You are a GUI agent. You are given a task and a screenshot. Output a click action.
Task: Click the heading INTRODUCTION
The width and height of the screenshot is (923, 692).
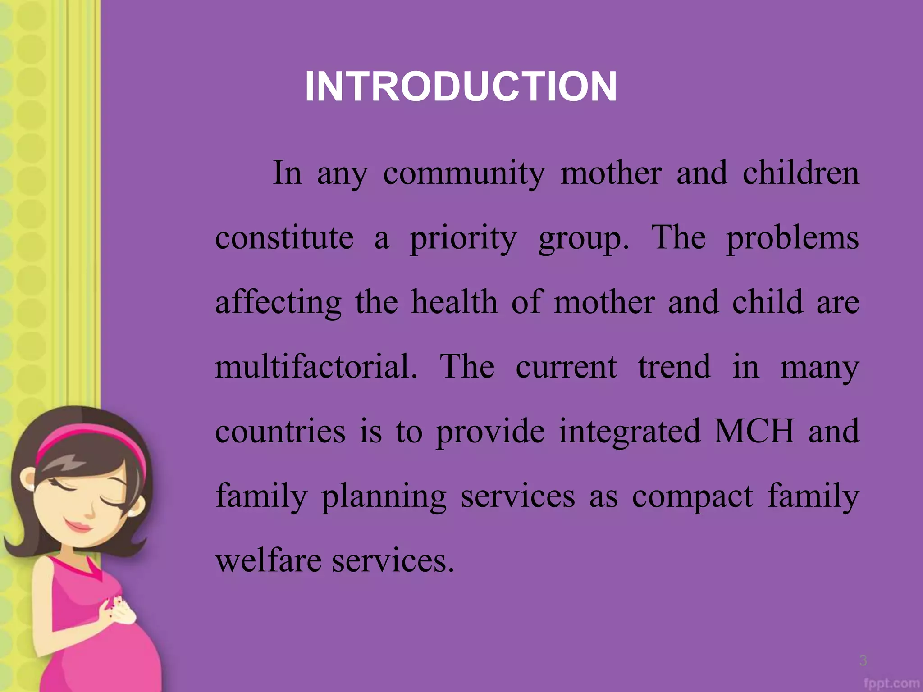pos(461,86)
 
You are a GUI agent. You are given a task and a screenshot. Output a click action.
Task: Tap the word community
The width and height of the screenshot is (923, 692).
pos(464,173)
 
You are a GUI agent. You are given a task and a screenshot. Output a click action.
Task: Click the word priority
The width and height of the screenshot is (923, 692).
pos(463,239)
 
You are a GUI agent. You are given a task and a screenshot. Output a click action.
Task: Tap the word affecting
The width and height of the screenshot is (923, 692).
pos(278,303)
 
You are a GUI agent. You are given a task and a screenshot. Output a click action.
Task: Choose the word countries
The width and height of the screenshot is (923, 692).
pos(280,431)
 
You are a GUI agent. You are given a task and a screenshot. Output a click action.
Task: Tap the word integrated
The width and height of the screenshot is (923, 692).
pos(630,432)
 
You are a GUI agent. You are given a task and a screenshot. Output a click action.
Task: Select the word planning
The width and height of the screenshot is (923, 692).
pos(384,496)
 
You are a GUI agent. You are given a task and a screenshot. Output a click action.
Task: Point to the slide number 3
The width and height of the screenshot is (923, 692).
pos(863,660)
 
